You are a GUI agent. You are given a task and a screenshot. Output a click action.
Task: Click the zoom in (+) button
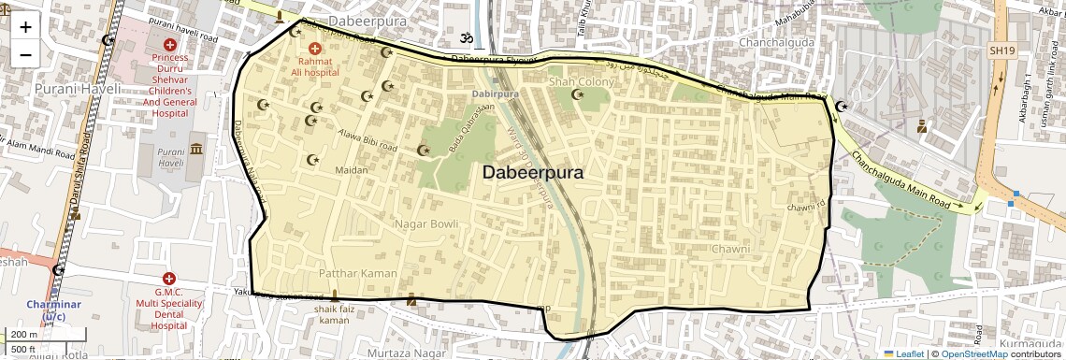pos(25,27)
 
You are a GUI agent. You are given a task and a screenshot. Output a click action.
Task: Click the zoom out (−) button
pos(25,54)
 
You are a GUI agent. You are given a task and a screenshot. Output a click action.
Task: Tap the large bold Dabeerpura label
pos(533,173)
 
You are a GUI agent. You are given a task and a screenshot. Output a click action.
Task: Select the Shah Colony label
pos(581,82)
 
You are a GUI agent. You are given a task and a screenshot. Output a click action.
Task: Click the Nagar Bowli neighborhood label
pos(425,224)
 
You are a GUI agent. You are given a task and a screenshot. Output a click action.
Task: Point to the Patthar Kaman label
pos(358,273)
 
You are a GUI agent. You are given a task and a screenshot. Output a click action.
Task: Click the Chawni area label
pos(730,250)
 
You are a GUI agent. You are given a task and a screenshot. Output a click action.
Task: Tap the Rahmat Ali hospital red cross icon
pos(314,48)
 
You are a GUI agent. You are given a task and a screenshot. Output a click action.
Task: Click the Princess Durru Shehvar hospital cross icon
pos(169,45)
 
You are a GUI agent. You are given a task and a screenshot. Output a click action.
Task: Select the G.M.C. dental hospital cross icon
pos(169,279)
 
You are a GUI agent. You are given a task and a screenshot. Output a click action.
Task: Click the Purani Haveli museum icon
pos(196,150)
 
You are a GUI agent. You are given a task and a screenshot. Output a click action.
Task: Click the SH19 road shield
pos(1001,50)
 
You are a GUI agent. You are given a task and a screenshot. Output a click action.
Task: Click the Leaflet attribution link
pos(904,353)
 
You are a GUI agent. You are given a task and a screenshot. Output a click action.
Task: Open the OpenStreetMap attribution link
pos(973,353)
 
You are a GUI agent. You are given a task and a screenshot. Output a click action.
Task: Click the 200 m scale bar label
pos(24,335)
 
